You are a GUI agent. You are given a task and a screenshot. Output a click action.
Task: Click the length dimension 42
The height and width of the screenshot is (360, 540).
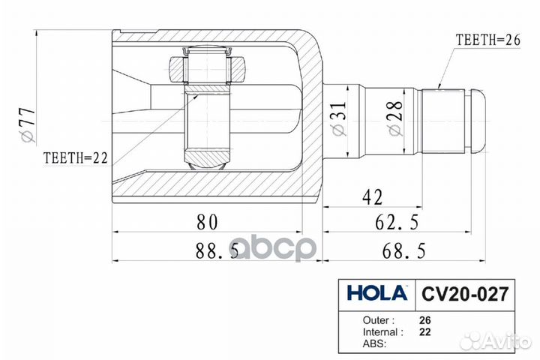[373, 197]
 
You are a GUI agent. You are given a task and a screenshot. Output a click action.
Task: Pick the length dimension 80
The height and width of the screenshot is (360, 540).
[208, 222]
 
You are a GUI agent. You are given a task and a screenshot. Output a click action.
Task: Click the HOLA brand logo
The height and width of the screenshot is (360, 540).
[377, 292]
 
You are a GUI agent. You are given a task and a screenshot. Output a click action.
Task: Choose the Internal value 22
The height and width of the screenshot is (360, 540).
[425, 331]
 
